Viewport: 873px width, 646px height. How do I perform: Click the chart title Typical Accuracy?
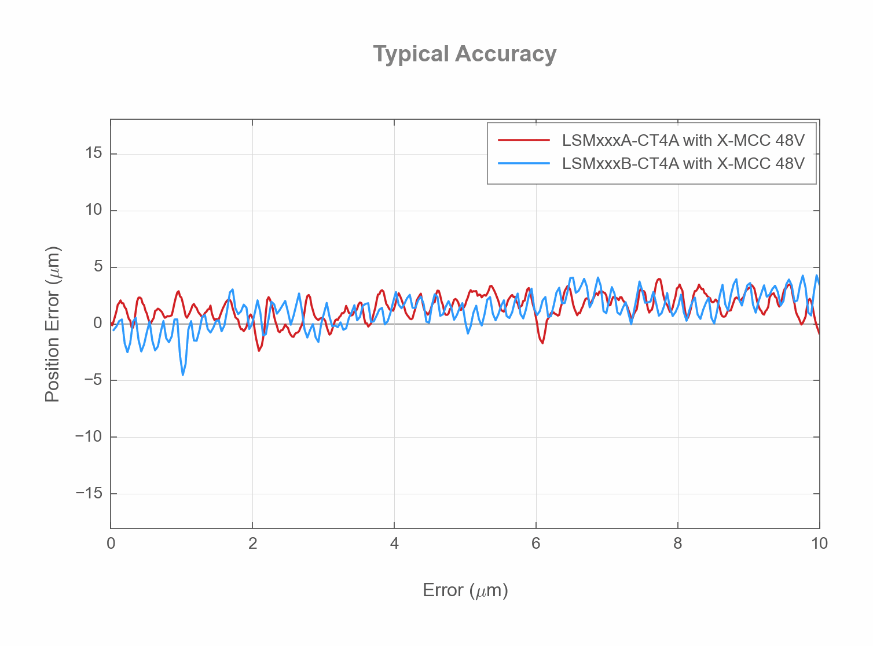click(x=464, y=54)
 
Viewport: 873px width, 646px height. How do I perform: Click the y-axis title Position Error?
click(x=53, y=324)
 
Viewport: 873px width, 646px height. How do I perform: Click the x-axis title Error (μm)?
click(x=465, y=590)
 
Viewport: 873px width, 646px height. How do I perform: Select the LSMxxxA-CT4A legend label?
click(x=683, y=140)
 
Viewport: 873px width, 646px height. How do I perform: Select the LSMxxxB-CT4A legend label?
click(x=683, y=163)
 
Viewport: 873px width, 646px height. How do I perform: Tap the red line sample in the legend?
click(x=524, y=140)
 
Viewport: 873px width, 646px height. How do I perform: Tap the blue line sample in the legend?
click(x=524, y=163)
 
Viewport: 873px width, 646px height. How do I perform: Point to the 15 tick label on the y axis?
click(x=93, y=153)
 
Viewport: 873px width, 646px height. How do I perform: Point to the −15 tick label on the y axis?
click(x=89, y=493)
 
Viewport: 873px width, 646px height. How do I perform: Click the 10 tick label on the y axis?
click(x=93, y=210)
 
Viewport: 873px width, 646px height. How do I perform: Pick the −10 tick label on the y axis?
click(x=89, y=436)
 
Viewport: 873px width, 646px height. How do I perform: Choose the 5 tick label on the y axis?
click(x=97, y=267)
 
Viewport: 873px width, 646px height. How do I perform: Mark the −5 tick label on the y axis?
click(x=93, y=380)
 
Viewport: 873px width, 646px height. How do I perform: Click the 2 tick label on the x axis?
click(x=252, y=544)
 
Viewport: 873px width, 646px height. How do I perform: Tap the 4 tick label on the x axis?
click(x=394, y=544)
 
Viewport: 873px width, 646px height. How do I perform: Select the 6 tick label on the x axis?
click(x=536, y=544)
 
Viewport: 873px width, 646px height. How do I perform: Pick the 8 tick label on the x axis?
click(x=678, y=544)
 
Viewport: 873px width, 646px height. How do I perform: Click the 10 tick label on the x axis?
click(x=819, y=544)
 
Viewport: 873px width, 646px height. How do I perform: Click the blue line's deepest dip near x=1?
click(x=182, y=375)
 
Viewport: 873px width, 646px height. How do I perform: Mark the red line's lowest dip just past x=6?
click(x=542, y=343)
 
